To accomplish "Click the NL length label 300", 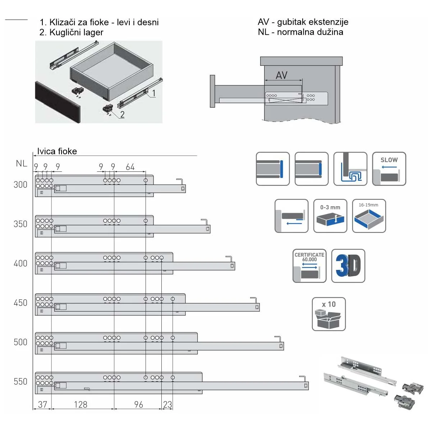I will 20,185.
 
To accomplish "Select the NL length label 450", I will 20,303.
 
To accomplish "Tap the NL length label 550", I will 20,382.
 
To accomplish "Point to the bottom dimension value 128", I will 81,405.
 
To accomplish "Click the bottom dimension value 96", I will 138,405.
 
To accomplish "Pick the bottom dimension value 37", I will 42,405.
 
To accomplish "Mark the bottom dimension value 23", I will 167,405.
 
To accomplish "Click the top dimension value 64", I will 130,167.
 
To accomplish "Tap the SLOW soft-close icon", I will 389,169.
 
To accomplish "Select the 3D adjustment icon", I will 348,266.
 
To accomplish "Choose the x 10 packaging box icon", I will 328,314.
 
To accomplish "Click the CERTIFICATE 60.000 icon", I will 309,266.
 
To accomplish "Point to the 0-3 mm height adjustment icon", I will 330,216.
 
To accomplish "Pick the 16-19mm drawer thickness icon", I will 369,216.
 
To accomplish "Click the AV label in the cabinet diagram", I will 281,75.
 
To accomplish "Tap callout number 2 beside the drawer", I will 122,114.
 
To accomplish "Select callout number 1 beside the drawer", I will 154,93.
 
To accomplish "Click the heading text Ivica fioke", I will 57,151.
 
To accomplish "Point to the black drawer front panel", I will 58,102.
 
